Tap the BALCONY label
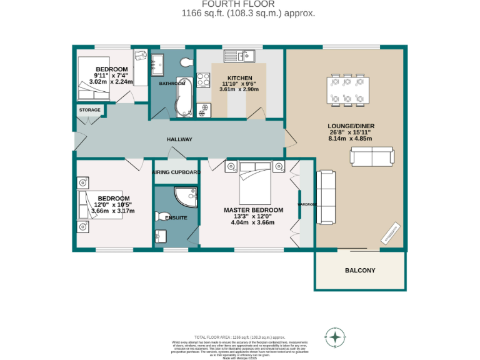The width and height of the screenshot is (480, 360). point(360,271)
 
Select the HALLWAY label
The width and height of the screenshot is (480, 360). point(179,139)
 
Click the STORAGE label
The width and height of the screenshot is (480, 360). point(89,110)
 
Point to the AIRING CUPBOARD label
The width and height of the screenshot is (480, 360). point(176,172)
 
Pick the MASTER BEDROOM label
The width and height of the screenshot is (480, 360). point(253,210)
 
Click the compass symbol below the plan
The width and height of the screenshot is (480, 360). point(336,337)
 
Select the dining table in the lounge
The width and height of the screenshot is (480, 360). point(346,89)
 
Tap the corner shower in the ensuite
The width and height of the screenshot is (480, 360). point(186,197)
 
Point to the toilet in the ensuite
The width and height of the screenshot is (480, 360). point(166,217)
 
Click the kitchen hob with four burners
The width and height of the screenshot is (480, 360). point(203,79)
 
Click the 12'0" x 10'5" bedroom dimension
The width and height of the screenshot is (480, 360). point(113,204)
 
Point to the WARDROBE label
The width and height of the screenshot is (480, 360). point(307,204)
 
